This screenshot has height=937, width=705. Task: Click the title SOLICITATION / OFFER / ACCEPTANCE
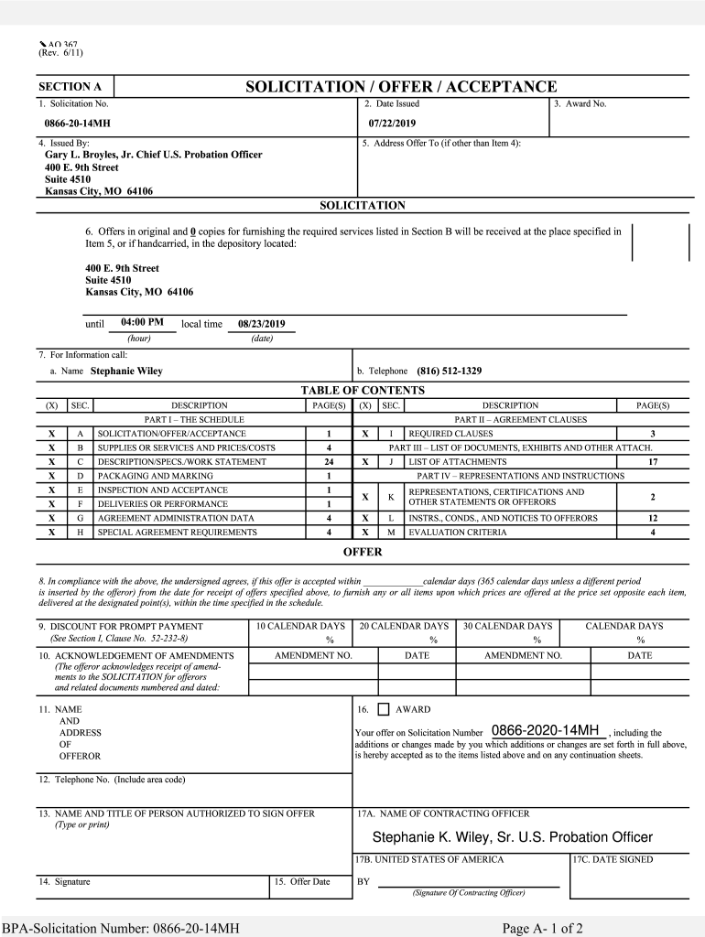point(400,87)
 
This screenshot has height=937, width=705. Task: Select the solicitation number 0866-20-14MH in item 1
point(77,123)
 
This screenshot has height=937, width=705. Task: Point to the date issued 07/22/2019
point(392,123)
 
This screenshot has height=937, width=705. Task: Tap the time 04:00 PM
point(142,322)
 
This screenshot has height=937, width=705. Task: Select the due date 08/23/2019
point(262,324)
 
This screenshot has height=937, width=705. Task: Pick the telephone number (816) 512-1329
point(449,372)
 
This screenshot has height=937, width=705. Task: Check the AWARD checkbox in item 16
point(383,709)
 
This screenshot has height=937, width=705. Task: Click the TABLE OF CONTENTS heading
point(363,391)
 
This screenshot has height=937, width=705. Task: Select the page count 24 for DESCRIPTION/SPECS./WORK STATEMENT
point(329,462)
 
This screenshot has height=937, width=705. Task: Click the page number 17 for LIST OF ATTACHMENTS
point(652,462)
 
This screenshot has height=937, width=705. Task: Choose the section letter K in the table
point(390,497)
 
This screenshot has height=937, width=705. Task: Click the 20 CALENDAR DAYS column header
point(404,626)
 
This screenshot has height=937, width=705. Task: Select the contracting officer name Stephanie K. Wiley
point(512,837)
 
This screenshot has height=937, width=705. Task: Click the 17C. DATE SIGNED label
point(613,860)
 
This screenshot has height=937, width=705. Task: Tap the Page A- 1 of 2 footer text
point(542,929)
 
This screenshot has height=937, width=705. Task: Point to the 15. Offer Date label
point(302,882)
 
